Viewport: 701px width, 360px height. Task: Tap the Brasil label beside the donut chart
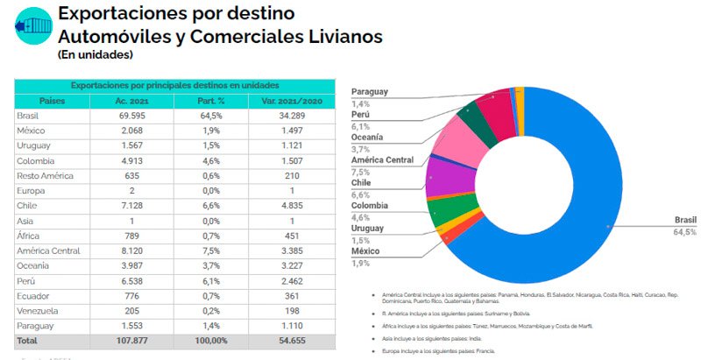coord(684,221)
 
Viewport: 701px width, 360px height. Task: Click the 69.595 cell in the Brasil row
coord(132,116)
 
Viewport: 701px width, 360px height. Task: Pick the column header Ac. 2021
coord(132,101)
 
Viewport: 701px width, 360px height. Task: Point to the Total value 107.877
coord(132,340)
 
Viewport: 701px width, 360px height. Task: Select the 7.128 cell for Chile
coord(132,205)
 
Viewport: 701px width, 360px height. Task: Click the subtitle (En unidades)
coord(95,54)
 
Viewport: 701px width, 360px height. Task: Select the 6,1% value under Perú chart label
coord(360,126)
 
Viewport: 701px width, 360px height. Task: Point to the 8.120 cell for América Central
coord(132,250)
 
